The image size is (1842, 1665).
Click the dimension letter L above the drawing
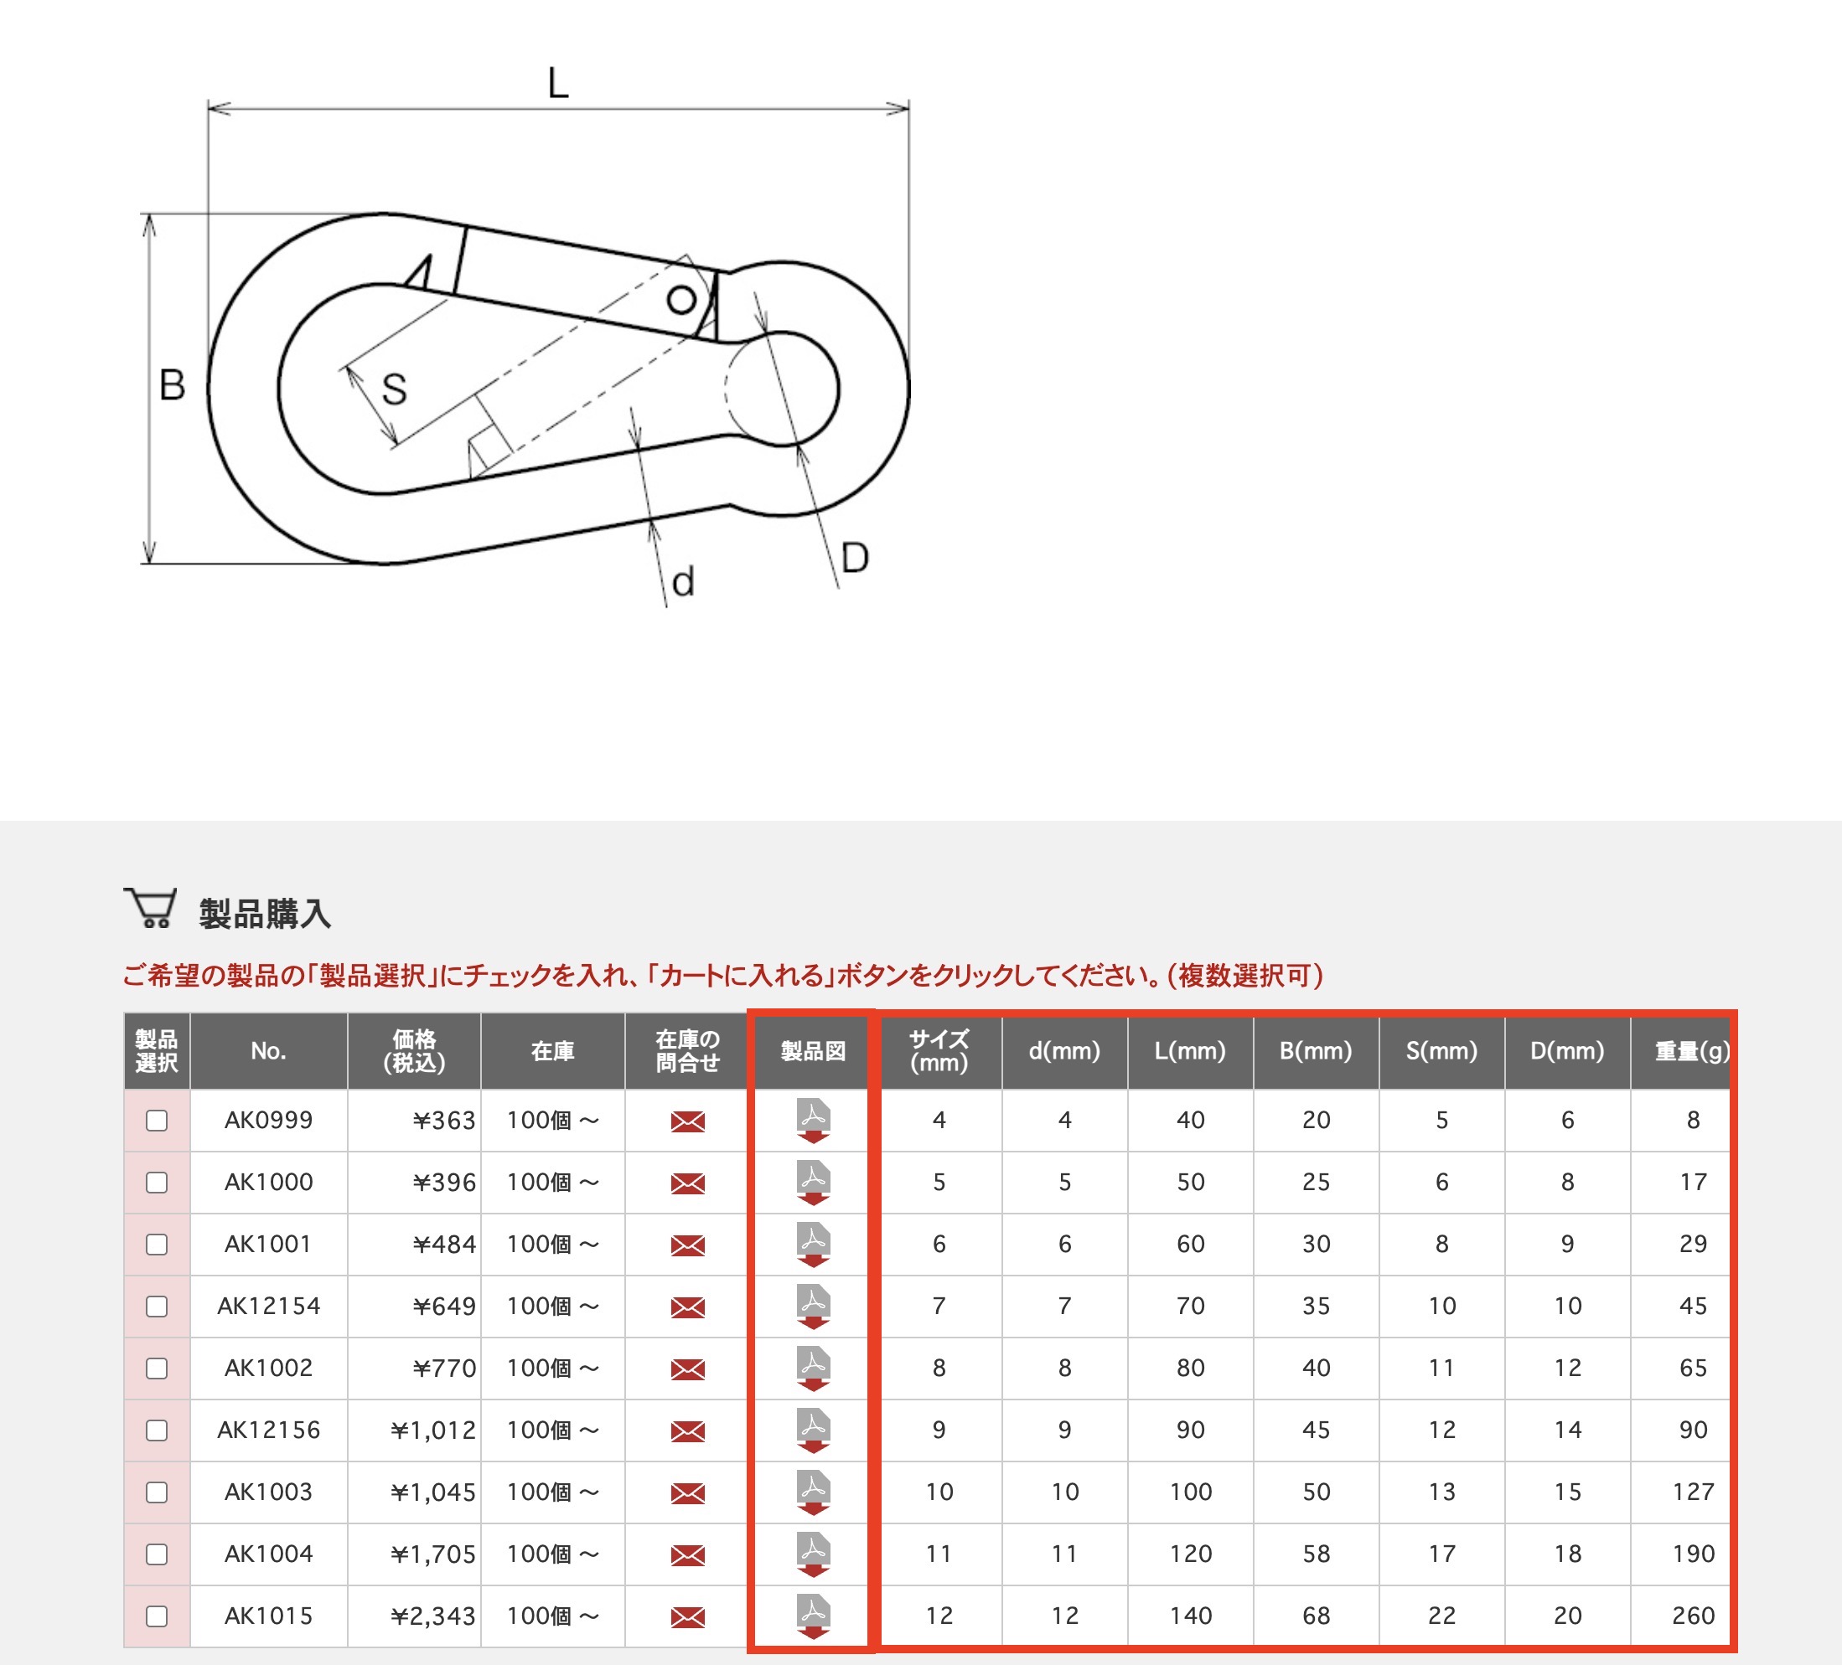pos(557,83)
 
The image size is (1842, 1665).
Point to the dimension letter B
pos(172,385)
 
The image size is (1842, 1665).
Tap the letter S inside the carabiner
pos(394,390)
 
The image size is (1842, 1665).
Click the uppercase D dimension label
pos(854,558)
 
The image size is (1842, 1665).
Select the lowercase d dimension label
pos(682,582)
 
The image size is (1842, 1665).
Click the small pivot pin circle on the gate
pos(680,300)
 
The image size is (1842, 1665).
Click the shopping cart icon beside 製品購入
pos(151,909)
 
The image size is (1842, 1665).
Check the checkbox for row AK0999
pos(158,1121)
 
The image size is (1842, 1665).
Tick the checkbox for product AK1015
pos(158,1616)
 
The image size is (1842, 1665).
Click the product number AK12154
pos(269,1306)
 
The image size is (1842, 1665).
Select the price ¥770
pos(444,1369)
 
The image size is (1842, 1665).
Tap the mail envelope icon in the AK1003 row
pos(687,1492)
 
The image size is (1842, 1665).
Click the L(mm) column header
pos(1190,1050)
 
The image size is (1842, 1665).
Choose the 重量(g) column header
pos(1691,1050)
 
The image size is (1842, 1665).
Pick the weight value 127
pos(1692,1492)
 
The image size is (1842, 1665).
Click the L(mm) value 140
pos(1190,1616)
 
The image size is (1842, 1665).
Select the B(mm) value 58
pos(1316,1554)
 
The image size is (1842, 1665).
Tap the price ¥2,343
pos(432,1616)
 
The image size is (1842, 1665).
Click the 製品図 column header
pos(812,1050)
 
